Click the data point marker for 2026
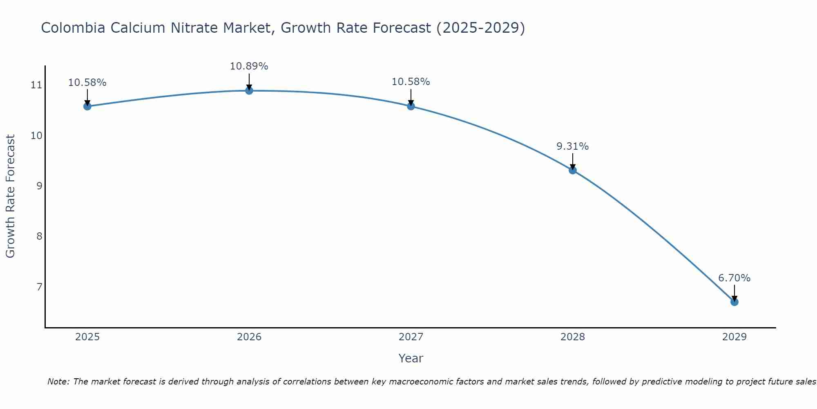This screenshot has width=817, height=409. (249, 90)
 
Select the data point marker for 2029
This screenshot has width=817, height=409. (734, 302)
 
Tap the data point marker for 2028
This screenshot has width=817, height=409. (573, 170)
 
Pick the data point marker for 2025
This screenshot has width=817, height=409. (87, 106)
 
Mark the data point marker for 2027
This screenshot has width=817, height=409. (411, 106)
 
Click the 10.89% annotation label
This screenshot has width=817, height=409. (249, 66)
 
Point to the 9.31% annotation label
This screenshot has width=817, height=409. (572, 146)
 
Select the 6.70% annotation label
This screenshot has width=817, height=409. (734, 278)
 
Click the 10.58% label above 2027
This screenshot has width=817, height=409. (411, 82)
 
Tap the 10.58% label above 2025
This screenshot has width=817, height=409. (87, 83)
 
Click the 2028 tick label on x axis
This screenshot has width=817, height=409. (572, 337)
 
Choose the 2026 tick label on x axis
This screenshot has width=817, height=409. (249, 337)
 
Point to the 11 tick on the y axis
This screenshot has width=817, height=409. (36, 85)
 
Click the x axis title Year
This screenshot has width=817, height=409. (411, 358)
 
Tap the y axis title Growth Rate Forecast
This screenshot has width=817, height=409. (10, 196)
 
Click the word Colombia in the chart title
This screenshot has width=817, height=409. (69, 28)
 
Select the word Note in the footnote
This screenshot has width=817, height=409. (58, 382)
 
